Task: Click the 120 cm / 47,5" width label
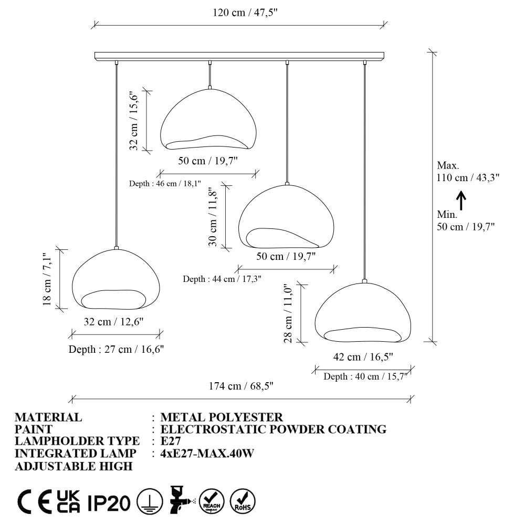point(245,13)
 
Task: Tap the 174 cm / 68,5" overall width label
point(241,386)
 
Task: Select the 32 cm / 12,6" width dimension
point(113,322)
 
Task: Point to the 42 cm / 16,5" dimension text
point(363,357)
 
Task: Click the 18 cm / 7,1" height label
point(47,279)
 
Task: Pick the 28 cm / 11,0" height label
point(288,314)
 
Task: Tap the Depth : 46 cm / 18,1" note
point(165,183)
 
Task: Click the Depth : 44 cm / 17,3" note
point(222,279)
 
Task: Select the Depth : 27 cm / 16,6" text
point(116,349)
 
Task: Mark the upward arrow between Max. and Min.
point(461,200)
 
